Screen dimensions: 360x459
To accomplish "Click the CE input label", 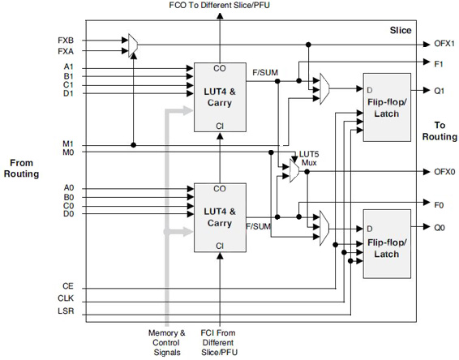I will click(66, 287).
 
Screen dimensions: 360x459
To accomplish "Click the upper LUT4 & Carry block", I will click(219, 96).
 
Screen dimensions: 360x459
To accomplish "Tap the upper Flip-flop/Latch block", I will click(388, 108).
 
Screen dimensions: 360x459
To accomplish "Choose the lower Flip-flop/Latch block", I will click(388, 243).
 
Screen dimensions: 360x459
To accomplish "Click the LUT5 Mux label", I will click(309, 157).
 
